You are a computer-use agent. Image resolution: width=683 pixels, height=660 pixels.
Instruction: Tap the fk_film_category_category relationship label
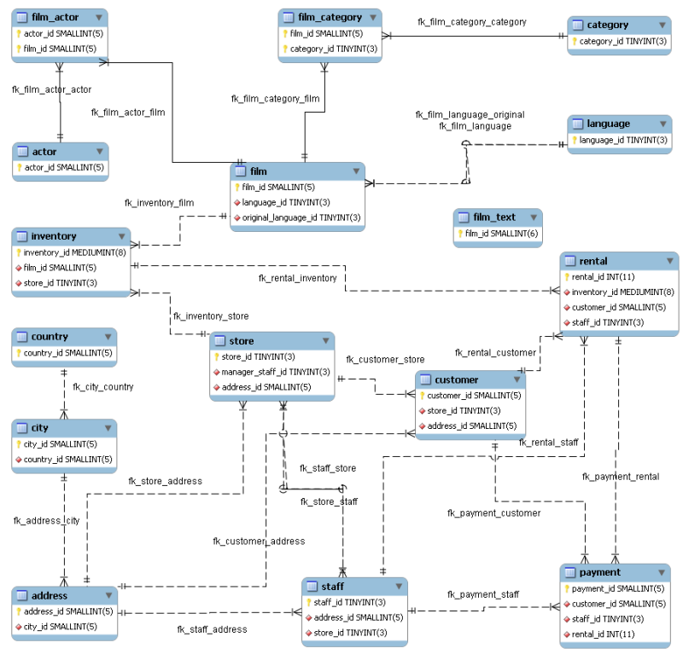tap(471, 22)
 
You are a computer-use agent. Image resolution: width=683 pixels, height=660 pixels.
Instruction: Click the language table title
tap(608, 124)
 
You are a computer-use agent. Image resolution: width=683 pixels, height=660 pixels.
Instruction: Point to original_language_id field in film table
tap(301, 218)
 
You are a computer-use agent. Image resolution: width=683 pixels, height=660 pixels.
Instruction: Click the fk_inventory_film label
tap(159, 203)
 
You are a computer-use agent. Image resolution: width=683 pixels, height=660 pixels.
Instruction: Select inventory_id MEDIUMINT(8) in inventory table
tap(74, 252)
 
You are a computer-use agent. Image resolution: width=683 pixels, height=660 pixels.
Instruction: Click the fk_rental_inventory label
tap(297, 278)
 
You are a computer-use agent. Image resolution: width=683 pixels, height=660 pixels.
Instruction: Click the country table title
tap(50, 337)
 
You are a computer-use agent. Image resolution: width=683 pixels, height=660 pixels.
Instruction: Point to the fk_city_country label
tap(103, 387)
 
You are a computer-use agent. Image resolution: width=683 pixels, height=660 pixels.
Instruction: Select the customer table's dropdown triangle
tap(515, 379)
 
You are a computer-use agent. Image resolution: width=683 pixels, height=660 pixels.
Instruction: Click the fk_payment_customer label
tap(493, 513)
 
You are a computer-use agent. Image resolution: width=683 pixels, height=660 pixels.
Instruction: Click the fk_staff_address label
tap(212, 629)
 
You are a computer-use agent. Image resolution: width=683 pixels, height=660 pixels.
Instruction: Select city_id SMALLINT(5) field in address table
tap(60, 626)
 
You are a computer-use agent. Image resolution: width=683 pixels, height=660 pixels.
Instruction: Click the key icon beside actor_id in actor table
tap(19, 167)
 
